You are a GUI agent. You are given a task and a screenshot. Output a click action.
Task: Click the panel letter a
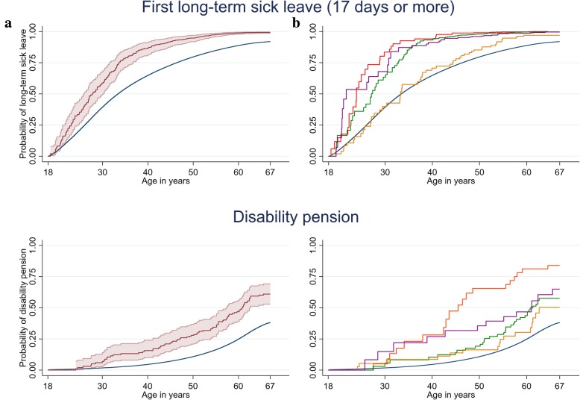[7, 24]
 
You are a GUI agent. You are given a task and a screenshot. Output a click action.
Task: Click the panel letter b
[297, 24]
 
